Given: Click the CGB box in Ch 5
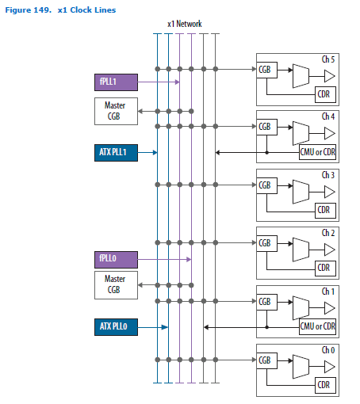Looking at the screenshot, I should pyautogui.click(x=265, y=70).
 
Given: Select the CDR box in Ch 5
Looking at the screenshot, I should pyautogui.click(x=323, y=95).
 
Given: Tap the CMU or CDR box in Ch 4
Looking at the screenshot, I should pyautogui.click(x=317, y=152).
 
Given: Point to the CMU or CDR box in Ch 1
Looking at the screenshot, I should pyautogui.click(x=317, y=326).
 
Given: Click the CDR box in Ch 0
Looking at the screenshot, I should pyautogui.click(x=323, y=384).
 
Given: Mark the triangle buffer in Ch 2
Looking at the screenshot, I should pyautogui.click(x=328, y=249).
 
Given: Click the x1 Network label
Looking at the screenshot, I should pyautogui.click(x=185, y=24).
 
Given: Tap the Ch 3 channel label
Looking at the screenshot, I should pyautogui.click(x=328, y=174).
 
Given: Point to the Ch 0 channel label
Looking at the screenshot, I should pyautogui.click(x=328, y=349).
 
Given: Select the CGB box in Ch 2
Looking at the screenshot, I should pyautogui.click(x=265, y=243).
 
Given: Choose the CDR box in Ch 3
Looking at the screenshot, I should pyautogui.click(x=323, y=210).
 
